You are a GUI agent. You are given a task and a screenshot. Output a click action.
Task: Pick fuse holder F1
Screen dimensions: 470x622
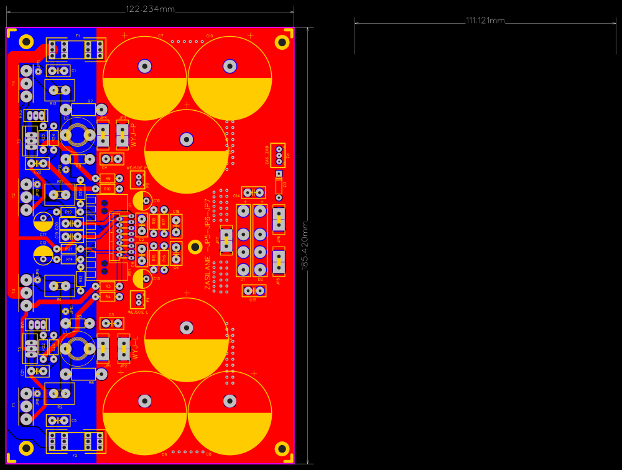click(77, 49)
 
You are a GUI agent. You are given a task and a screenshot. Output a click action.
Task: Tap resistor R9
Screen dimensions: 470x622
click(108, 179)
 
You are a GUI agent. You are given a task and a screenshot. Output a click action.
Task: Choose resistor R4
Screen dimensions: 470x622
click(108, 296)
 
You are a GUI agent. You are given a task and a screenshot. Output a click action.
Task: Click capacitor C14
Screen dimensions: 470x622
click(253, 193)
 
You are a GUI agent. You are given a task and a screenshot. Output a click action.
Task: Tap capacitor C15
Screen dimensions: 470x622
click(253, 291)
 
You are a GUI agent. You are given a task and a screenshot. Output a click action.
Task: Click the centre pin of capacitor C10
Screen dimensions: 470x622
click(230, 65)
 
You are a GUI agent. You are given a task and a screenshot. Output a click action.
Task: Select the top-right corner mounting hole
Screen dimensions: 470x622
click(282, 42)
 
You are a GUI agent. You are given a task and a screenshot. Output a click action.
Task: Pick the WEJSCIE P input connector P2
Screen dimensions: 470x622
click(138, 181)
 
